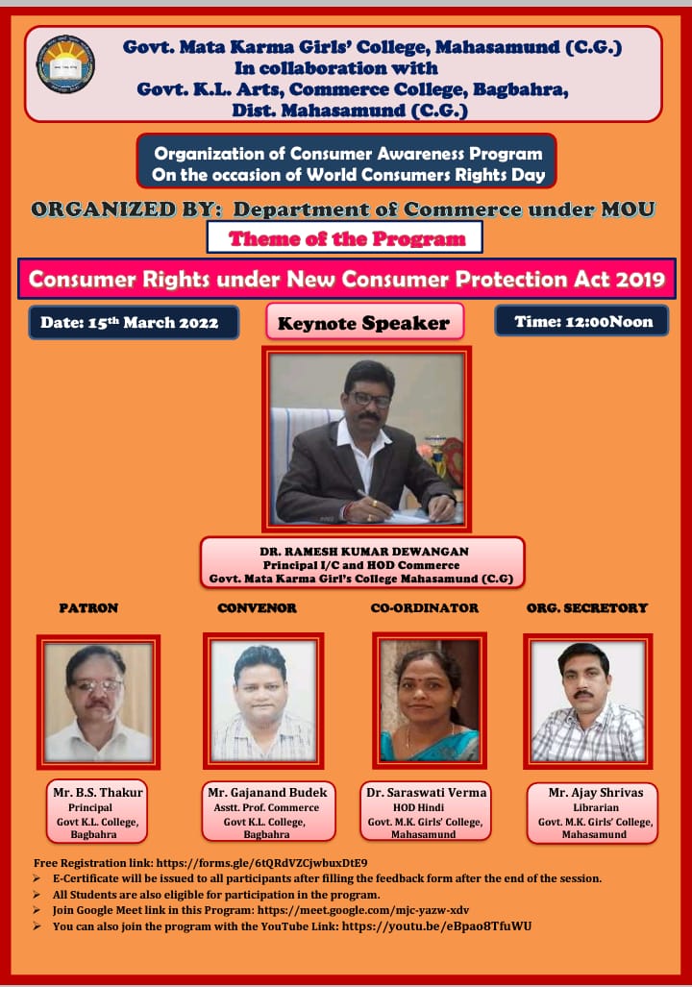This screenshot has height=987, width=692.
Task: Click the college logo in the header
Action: tap(65, 64)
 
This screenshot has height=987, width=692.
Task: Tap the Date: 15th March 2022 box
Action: tap(134, 322)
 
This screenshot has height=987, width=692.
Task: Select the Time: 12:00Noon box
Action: tap(581, 321)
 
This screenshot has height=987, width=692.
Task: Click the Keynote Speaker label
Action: tap(364, 322)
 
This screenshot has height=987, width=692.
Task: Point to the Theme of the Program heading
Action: tap(346, 238)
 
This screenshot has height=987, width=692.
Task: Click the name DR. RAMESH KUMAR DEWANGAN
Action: tap(364, 552)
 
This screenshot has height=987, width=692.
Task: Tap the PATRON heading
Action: tap(88, 607)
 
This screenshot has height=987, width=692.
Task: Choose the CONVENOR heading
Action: tap(257, 607)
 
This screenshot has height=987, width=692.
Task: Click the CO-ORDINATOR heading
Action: tap(425, 607)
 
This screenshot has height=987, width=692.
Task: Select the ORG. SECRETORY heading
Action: tap(587, 607)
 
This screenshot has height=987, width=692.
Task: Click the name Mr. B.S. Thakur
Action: tap(98, 793)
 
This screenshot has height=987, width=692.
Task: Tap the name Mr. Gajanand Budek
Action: tap(267, 793)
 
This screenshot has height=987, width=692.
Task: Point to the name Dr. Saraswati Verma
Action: tap(427, 793)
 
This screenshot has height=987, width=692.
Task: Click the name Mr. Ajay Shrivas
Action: tap(596, 793)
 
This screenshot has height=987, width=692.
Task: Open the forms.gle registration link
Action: tap(262, 863)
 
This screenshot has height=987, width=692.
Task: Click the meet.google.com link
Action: tap(363, 910)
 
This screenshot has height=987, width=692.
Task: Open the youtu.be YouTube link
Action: tap(437, 926)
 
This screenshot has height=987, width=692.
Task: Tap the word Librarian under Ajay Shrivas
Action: tap(596, 807)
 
